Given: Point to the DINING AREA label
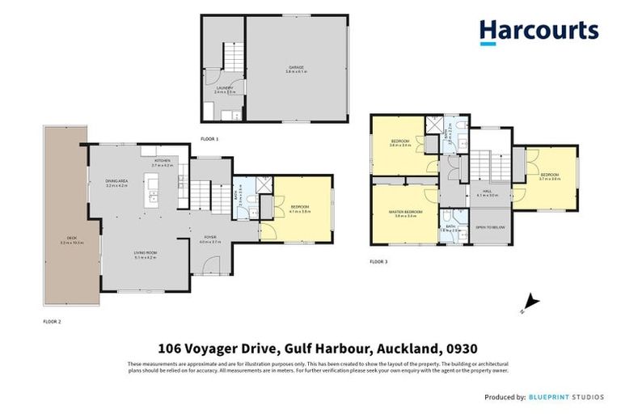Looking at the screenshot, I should [118, 183].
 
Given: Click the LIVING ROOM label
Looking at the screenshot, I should [145, 252].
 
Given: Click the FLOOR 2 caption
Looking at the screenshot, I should [52, 321].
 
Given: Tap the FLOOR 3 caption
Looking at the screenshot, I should [378, 261].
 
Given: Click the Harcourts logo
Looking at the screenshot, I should [539, 31].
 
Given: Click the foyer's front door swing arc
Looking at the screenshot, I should [209, 264].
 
